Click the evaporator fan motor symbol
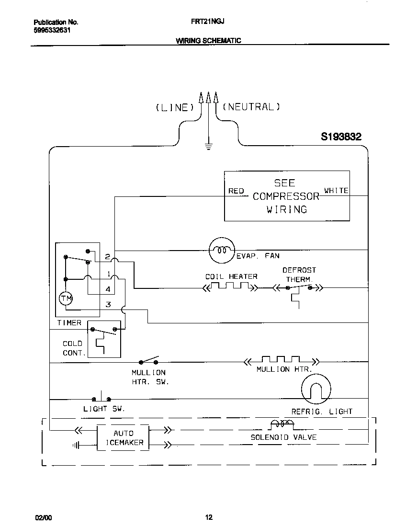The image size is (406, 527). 222,250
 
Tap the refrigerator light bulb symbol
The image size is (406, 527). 316,388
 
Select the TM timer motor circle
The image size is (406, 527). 66,299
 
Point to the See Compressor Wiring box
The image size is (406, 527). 287,196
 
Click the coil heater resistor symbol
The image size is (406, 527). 231,287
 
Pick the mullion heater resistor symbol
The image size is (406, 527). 282,360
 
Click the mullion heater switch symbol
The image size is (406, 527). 148,361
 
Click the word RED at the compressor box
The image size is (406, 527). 236,191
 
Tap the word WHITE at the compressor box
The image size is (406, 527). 336,191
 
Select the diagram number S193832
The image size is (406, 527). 341,137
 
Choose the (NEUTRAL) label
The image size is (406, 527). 251,107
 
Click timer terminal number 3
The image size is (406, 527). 108,304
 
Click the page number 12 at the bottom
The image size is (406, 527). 209,517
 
